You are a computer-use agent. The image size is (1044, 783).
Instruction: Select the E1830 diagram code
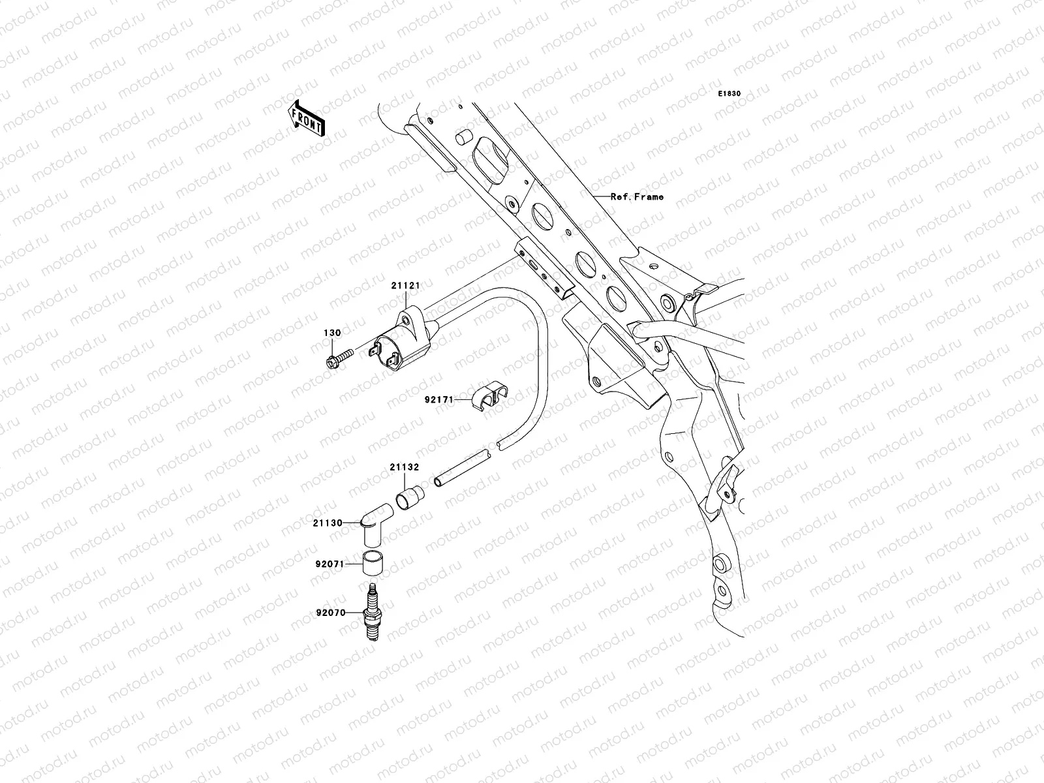point(729,94)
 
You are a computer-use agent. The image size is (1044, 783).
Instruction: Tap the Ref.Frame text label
point(637,196)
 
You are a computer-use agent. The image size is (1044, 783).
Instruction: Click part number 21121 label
point(405,286)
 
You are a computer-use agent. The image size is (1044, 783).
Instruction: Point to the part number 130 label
point(332,333)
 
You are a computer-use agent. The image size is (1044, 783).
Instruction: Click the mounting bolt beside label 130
point(337,357)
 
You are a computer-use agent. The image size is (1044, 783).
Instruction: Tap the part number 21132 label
point(405,467)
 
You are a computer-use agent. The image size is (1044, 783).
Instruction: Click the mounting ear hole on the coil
point(406,320)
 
